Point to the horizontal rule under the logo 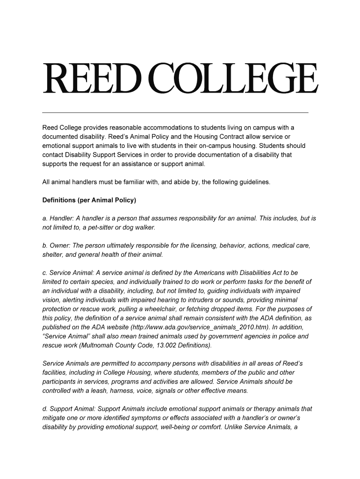coord(175,113)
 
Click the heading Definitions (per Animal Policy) coord(89,200)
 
